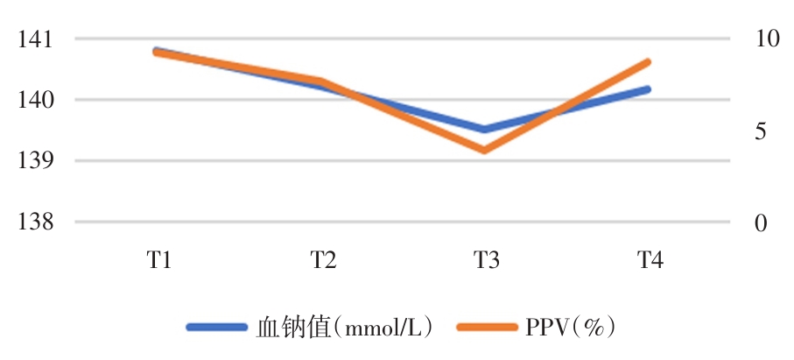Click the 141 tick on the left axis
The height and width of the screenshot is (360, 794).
tap(34, 39)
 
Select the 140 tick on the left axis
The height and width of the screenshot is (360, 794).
tap(34, 100)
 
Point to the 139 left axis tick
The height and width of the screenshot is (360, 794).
tap(34, 161)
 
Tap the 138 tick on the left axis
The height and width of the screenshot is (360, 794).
tap(34, 222)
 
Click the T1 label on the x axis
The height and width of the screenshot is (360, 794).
tap(158, 260)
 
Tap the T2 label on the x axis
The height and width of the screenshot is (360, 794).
tap(321, 260)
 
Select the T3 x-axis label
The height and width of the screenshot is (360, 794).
tap(485, 260)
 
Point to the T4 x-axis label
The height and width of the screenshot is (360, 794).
tap(649, 260)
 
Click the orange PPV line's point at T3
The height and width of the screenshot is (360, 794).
tap(484, 151)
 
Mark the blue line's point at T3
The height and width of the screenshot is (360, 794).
tap(484, 130)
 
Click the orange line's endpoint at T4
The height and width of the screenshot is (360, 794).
tap(649, 61)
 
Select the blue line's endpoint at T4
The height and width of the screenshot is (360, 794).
tap(649, 88)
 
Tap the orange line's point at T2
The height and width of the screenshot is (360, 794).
tap(320, 81)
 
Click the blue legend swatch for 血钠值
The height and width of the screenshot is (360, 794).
tap(216, 327)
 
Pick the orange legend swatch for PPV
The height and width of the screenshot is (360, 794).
tap(488, 327)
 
